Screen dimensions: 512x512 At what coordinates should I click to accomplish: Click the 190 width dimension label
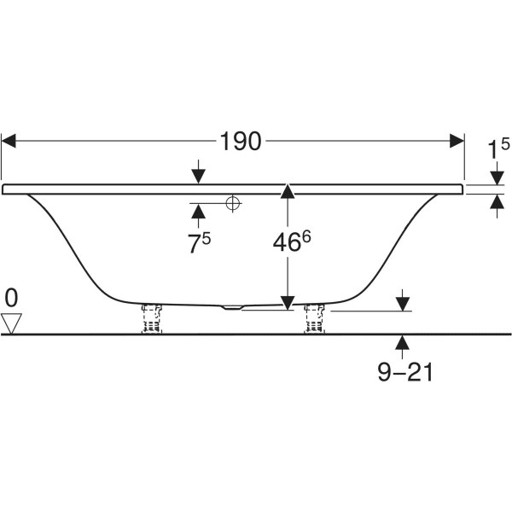click(x=241, y=142)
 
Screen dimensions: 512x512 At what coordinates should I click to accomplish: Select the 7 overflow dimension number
click(x=193, y=244)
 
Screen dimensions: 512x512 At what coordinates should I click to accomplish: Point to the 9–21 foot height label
click(x=404, y=372)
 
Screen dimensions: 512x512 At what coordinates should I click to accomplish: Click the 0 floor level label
click(x=11, y=298)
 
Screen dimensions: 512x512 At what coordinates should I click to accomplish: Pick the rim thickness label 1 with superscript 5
click(x=498, y=148)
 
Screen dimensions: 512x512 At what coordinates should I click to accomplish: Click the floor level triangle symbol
click(x=11, y=323)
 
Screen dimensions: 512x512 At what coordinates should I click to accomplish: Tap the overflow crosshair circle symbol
click(x=232, y=203)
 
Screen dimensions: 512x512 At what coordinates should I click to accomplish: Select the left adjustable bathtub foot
click(x=152, y=318)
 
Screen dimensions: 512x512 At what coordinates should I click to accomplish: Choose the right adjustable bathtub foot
click(x=314, y=318)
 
